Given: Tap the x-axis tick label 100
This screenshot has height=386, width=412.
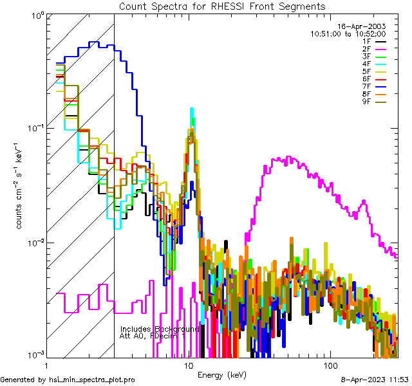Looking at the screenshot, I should [x=330, y=365].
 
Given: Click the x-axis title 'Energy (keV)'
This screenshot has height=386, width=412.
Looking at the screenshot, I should [x=222, y=374].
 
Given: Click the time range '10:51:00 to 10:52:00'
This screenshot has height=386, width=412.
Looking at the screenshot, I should [x=348, y=33].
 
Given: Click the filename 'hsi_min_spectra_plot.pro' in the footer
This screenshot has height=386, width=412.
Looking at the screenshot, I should [x=92, y=380].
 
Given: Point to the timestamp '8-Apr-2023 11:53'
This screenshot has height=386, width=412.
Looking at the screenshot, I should [x=373, y=380].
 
